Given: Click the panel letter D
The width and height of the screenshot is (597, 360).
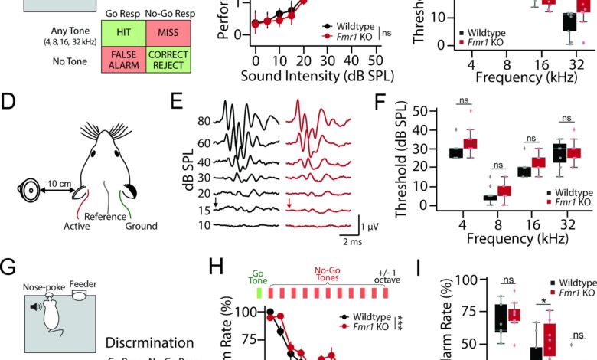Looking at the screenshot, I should [10, 100].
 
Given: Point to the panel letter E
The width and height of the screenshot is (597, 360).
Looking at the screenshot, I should [177, 100].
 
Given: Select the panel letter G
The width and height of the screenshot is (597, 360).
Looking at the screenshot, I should [10, 267].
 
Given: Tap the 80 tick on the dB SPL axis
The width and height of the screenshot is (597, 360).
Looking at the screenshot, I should [204, 121].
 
